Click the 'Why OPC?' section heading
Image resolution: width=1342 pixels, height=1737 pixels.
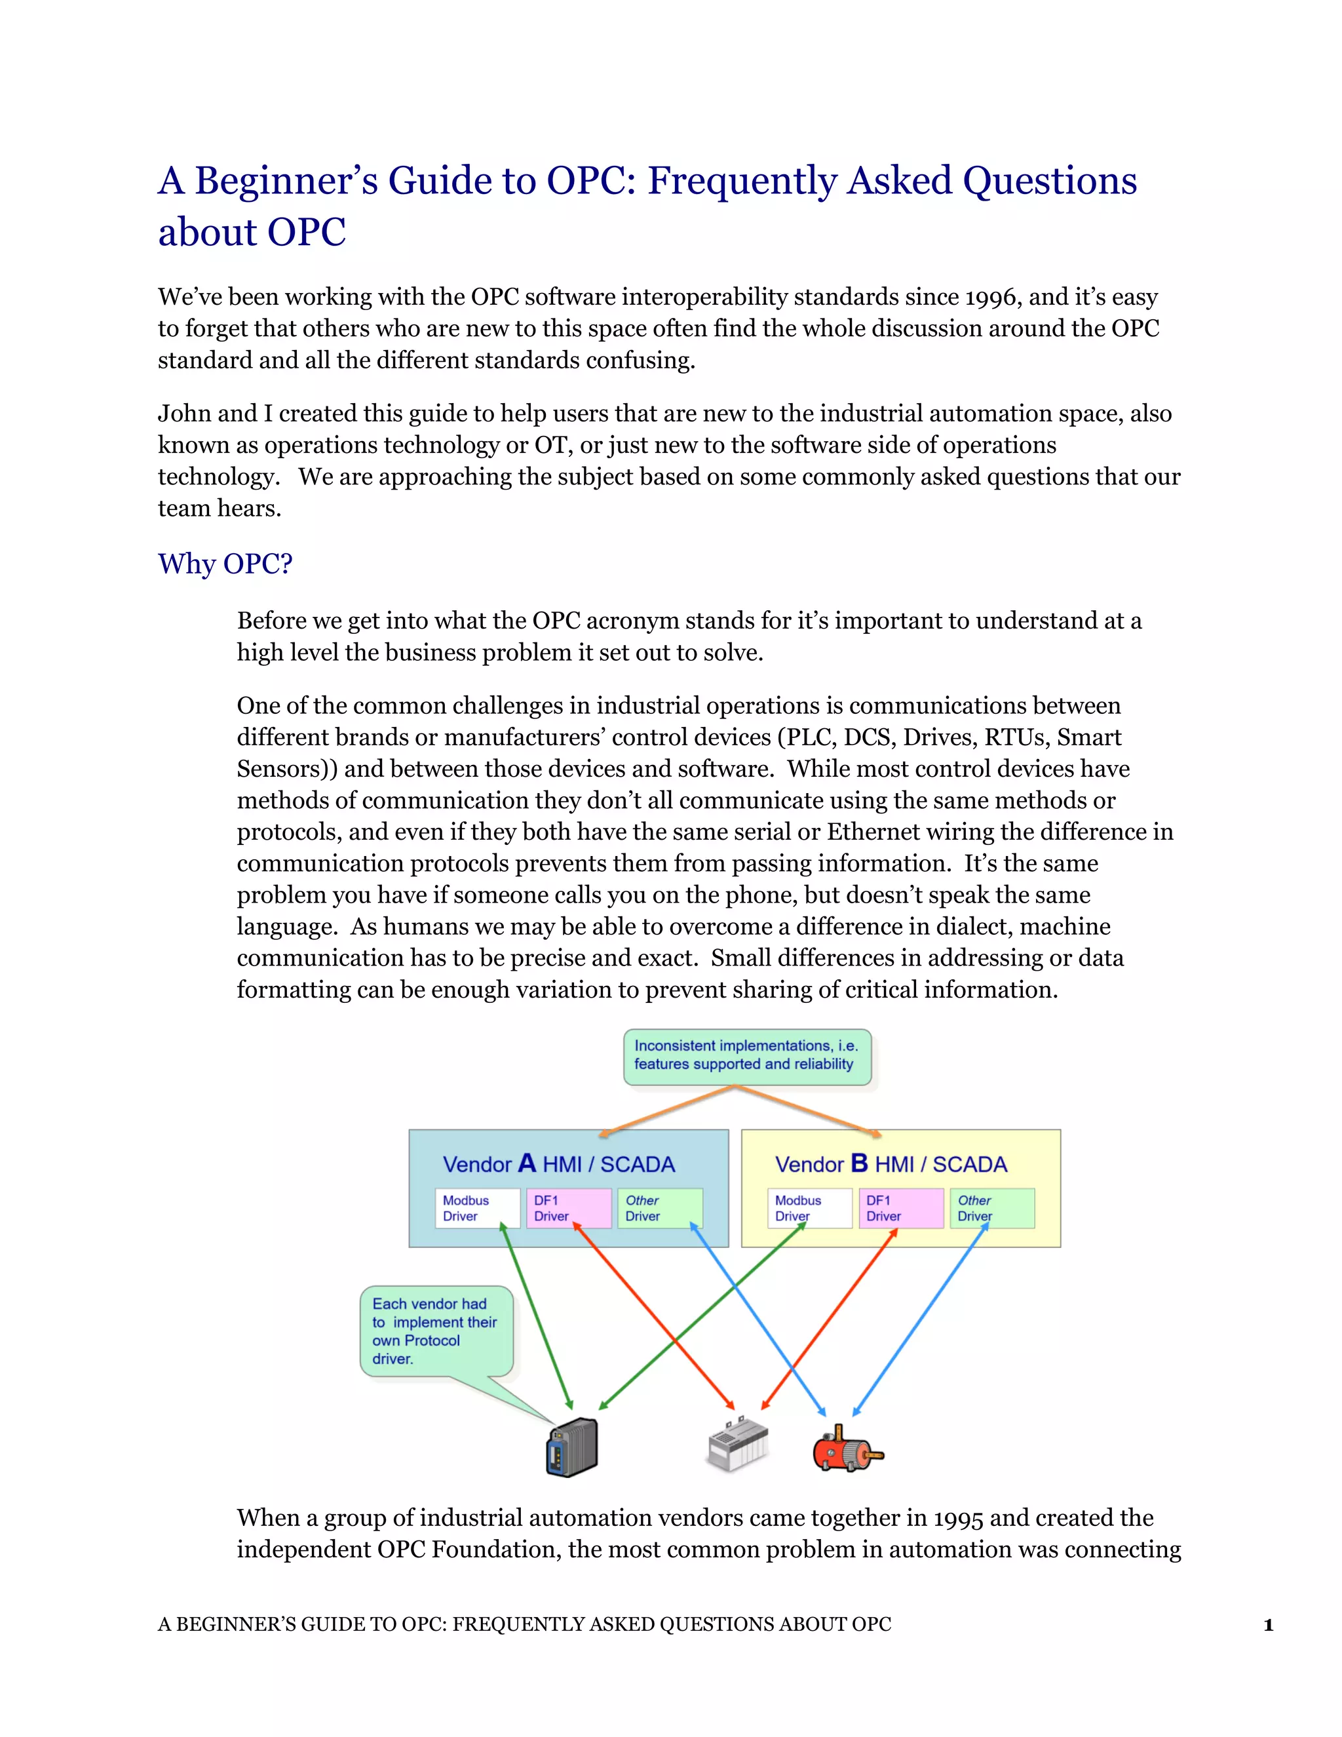pos(225,564)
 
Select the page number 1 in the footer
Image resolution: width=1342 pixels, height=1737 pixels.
pos(1268,1626)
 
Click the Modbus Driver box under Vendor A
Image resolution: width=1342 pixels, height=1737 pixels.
pos(477,1208)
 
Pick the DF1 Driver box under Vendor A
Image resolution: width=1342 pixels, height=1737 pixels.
pos(568,1208)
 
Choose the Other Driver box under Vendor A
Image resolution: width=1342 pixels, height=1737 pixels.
pos(660,1208)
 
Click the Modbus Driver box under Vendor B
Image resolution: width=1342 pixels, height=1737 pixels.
pos(809,1208)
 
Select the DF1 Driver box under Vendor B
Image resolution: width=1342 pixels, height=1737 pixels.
pos(901,1208)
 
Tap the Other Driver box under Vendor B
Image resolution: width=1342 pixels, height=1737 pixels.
pos(992,1208)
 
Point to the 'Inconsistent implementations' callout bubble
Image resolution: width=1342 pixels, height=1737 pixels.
pos(746,1056)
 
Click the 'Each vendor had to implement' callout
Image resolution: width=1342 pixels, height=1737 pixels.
pos(436,1331)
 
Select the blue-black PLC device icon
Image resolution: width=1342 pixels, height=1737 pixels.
pos(571,1449)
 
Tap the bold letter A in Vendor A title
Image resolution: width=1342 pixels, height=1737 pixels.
pos(526,1163)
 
